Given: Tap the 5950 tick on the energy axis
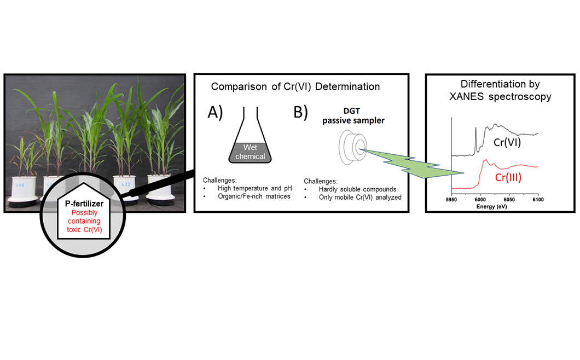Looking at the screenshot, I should coord(451,200).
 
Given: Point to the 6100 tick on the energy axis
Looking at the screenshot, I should coord(538,200).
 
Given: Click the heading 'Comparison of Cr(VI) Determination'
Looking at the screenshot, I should coord(295,86).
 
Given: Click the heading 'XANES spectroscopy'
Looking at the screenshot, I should coord(501,96).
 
